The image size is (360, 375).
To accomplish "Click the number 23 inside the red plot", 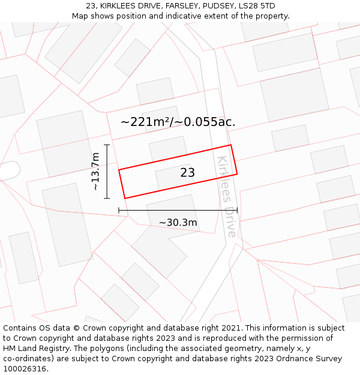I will (187, 173).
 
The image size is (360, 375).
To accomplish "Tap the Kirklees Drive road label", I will (227, 196).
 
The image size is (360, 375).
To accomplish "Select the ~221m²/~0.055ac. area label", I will (178, 122).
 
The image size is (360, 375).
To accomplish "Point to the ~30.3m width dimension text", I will (178, 223).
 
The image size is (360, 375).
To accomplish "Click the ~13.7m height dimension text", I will (95, 172).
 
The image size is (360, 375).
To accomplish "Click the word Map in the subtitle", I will (81, 16).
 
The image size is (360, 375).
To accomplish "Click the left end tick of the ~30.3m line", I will (119, 210).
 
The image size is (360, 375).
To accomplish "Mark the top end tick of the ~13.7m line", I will (107, 145).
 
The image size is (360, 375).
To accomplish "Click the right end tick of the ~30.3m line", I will (237, 210).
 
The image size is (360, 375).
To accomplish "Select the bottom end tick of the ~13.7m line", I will (107, 198).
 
